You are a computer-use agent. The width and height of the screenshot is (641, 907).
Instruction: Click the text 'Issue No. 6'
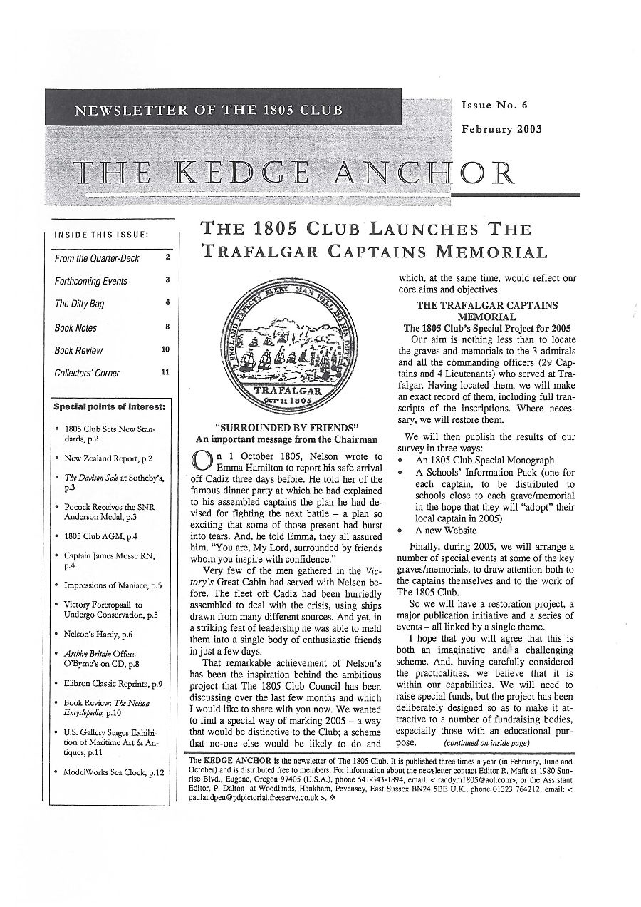pos(494,106)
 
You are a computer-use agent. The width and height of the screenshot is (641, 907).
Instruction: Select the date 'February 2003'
pos(501,129)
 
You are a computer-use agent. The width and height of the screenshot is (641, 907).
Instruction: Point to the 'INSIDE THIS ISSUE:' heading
pos(102,235)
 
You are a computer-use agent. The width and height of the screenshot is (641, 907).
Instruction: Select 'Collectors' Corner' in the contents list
pos(87,373)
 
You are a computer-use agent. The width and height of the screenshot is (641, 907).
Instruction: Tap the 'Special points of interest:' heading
pos(110,407)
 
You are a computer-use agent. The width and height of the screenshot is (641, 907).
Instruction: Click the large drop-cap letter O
pos(202,461)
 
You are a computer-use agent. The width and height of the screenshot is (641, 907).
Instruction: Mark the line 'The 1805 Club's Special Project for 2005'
pos(487,328)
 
